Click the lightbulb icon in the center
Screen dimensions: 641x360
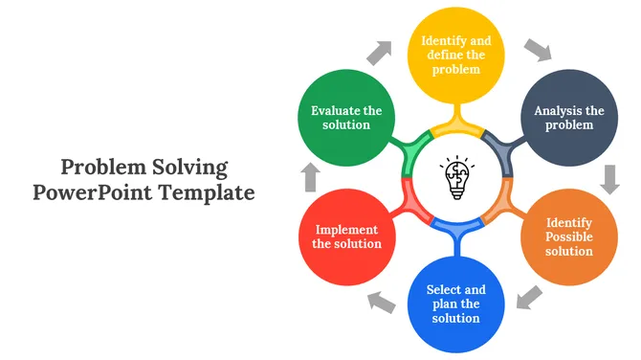pyautogui.click(x=457, y=177)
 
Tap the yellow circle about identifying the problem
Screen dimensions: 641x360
pyautogui.click(x=455, y=56)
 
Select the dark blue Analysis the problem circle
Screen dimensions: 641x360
pyautogui.click(x=569, y=118)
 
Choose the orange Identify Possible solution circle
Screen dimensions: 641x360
pyautogui.click(x=569, y=236)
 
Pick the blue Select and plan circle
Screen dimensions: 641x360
pyautogui.click(x=455, y=304)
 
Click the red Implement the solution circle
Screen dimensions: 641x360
pyautogui.click(x=347, y=236)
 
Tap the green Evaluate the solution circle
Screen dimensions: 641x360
pyautogui.click(x=346, y=118)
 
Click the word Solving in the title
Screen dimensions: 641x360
pyautogui.click(x=190, y=169)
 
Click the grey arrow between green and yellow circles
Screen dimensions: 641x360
pyautogui.click(x=380, y=53)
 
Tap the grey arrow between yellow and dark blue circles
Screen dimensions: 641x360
pyautogui.click(x=539, y=50)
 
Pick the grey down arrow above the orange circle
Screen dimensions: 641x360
pyautogui.click(x=610, y=179)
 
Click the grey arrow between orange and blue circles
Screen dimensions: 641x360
pyautogui.click(x=529, y=298)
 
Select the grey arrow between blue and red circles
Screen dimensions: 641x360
pyautogui.click(x=381, y=303)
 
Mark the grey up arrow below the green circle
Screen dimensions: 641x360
pyautogui.click(x=310, y=177)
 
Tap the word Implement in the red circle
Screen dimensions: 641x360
pyautogui.click(x=346, y=231)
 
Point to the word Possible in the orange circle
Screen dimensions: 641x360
pyautogui.click(x=569, y=236)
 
